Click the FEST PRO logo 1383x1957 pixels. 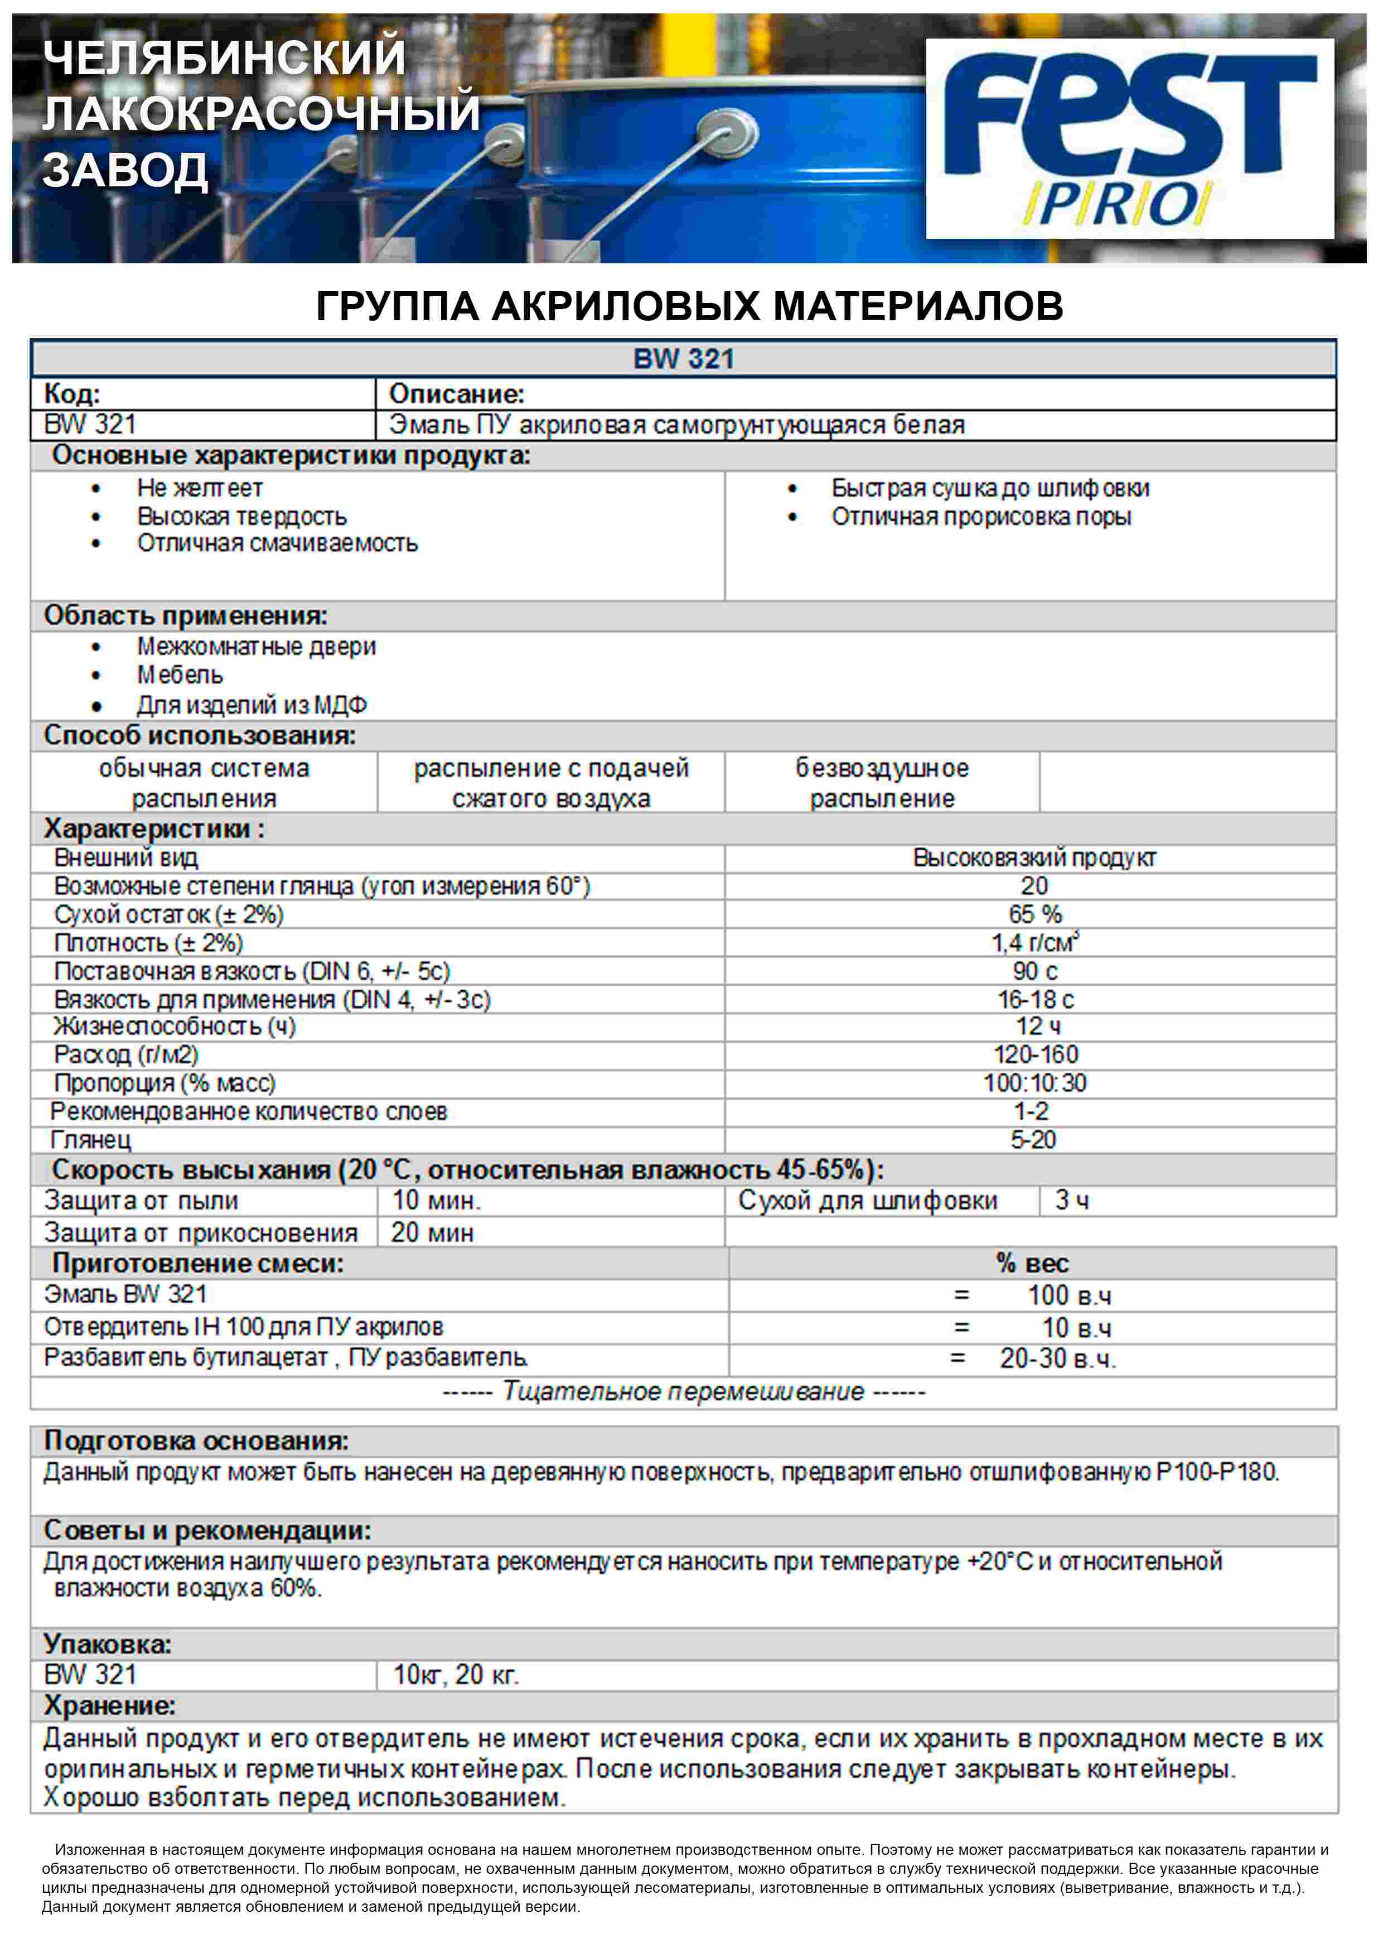(x=1129, y=138)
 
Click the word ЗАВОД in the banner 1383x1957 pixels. (x=125, y=171)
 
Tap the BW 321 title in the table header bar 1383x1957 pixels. (x=683, y=359)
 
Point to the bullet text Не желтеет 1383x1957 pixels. (x=200, y=488)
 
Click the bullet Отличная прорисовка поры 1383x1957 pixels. (x=981, y=517)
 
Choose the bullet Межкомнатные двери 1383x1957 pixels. (x=257, y=647)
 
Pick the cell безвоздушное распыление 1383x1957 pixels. (x=882, y=783)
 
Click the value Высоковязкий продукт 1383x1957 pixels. (x=1034, y=857)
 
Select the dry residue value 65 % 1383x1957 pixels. (x=1034, y=914)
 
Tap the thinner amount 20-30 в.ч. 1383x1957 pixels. (x=1057, y=1358)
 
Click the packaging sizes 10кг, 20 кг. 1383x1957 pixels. (x=456, y=1675)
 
